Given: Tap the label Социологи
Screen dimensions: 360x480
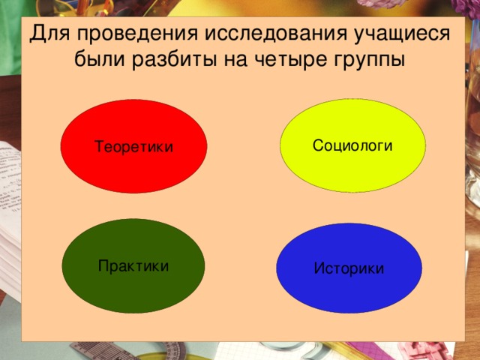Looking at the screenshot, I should click(x=352, y=145).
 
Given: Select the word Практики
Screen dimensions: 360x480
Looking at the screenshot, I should click(x=133, y=266).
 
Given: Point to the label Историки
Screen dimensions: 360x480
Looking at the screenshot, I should click(x=349, y=268).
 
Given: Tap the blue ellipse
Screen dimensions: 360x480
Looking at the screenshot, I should click(x=349, y=289).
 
